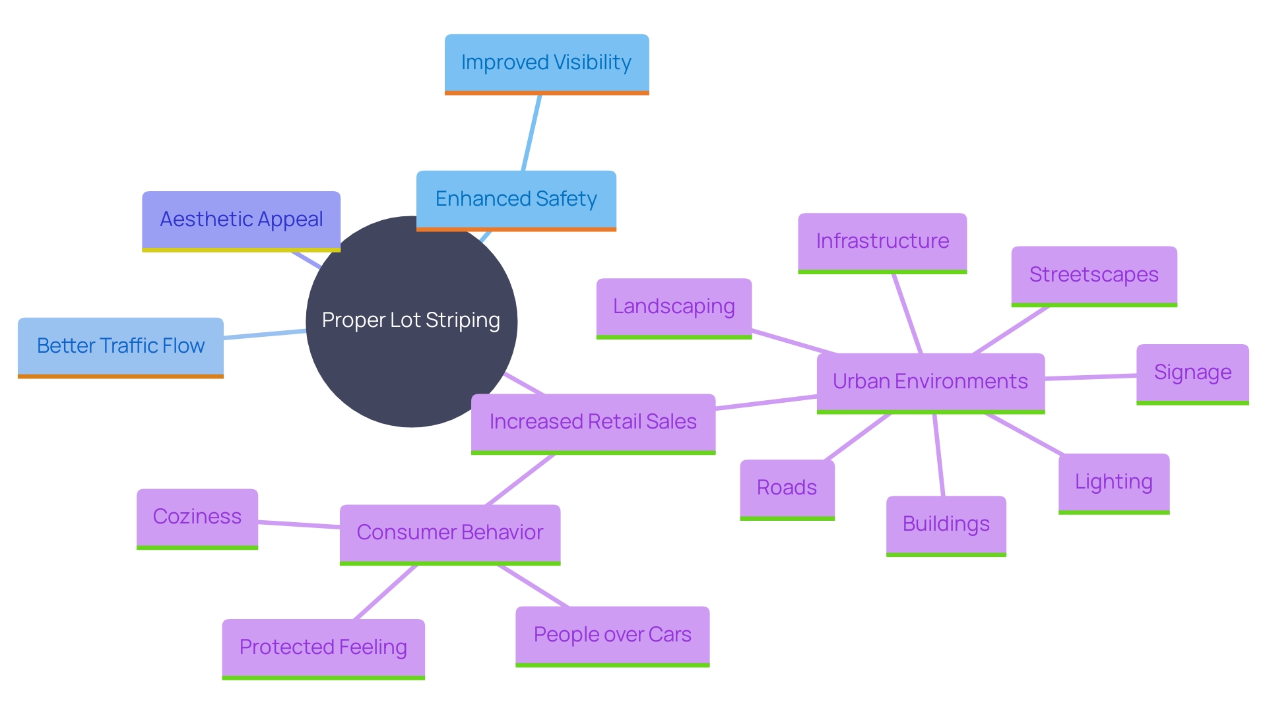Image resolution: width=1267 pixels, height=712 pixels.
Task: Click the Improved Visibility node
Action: (546, 63)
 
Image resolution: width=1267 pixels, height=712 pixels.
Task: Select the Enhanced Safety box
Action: (516, 200)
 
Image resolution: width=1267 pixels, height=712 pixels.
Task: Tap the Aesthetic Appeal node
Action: (241, 220)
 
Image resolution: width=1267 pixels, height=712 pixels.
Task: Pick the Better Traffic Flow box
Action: (121, 347)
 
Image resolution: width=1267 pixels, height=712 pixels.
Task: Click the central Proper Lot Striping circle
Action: (396, 297)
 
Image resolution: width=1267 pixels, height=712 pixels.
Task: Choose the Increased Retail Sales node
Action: (593, 423)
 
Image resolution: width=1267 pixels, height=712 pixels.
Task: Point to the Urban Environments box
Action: (930, 382)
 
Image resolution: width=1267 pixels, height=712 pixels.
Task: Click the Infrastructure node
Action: (882, 242)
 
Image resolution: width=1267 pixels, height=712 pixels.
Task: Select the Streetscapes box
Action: (1093, 276)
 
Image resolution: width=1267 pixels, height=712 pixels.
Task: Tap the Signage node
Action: (1192, 373)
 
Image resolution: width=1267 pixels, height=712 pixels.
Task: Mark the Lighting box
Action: (1113, 483)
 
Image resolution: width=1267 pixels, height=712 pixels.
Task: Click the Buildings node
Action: (946, 525)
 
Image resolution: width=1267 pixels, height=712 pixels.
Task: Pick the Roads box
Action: (787, 489)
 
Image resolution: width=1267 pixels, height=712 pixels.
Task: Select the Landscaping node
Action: (674, 307)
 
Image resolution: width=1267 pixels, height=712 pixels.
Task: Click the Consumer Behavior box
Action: (449, 533)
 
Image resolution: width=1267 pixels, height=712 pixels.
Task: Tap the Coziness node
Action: (197, 518)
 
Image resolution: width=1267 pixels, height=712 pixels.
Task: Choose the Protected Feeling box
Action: (323, 648)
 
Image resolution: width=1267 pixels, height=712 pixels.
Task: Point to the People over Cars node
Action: (612, 636)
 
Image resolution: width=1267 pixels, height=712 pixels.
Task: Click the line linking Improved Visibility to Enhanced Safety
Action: (531, 133)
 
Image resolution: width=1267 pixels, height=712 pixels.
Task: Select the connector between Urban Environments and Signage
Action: (1090, 377)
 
